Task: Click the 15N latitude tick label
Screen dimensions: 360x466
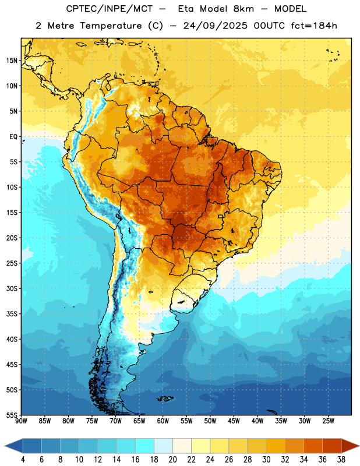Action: click(x=12, y=61)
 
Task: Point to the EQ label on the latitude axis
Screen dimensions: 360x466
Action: click(x=13, y=137)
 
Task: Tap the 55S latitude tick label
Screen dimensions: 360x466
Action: click(x=12, y=415)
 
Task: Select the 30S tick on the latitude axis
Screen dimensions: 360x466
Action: click(x=12, y=288)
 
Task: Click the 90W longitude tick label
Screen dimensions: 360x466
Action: click(x=21, y=421)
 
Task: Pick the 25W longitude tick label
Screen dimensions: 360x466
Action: click(x=328, y=421)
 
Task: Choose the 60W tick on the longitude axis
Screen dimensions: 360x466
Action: click(x=163, y=421)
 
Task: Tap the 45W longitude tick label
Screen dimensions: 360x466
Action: click(x=234, y=421)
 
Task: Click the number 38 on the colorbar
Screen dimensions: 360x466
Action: click(x=341, y=460)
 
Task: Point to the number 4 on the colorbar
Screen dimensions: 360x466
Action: click(x=23, y=460)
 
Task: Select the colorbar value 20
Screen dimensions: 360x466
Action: click(x=172, y=460)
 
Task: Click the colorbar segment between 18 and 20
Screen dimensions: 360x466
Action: click(x=163, y=446)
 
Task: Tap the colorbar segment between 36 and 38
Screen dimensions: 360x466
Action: click(x=332, y=446)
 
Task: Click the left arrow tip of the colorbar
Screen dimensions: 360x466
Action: click(x=5, y=446)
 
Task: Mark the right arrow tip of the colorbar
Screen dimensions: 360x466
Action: click(x=359, y=446)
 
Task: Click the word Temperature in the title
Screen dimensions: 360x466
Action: click(x=111, y=26)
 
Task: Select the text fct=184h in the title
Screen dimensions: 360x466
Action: click(x=314, y=26)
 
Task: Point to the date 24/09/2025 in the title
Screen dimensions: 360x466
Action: click(x=215, y=26)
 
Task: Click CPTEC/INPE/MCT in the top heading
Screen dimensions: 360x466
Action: click(x=109, y=9)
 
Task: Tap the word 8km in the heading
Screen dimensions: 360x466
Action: click(x=243, y=9)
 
